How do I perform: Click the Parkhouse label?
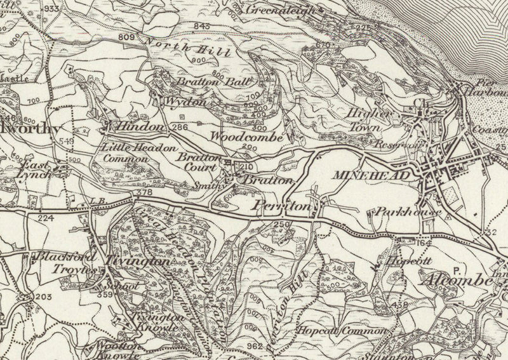click(x=398, y=212)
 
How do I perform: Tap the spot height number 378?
click(x=144, y=193)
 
